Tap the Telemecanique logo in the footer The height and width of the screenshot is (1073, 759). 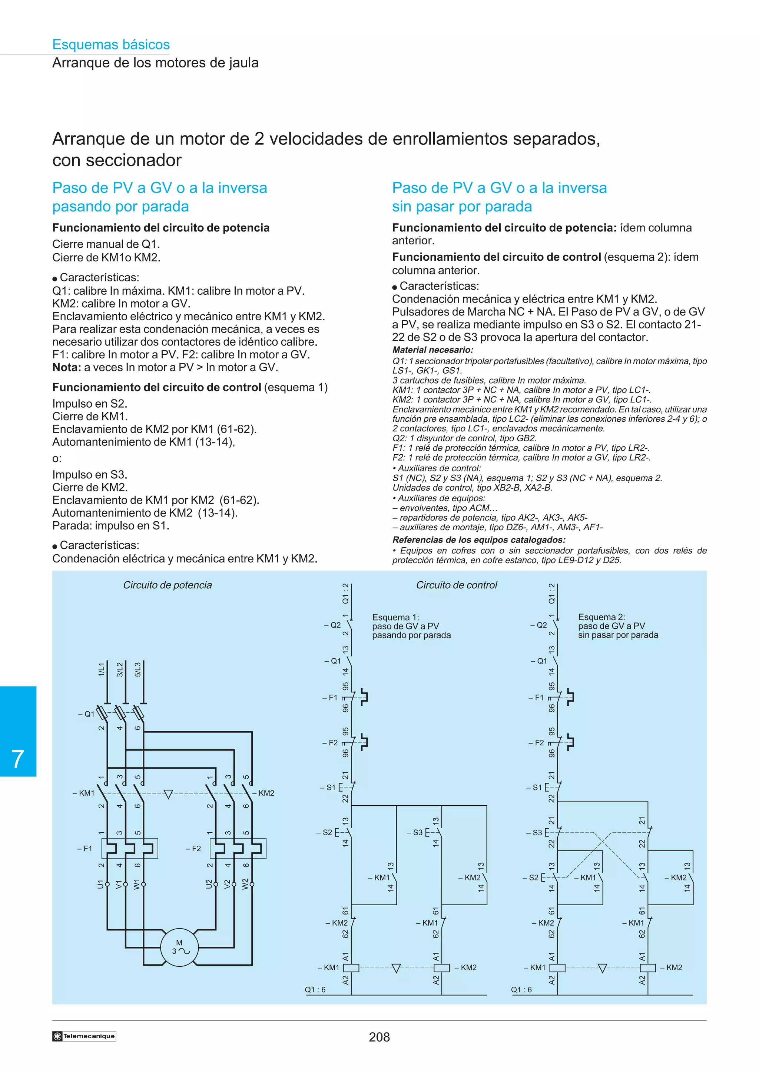(84, 1036)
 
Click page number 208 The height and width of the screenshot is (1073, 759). (379, 1037)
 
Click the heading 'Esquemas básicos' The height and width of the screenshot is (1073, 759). (111, 44)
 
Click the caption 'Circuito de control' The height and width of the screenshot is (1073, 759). (457, 585)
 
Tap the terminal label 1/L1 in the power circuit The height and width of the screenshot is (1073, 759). (102, 669)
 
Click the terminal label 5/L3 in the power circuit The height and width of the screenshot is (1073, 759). (137, 669)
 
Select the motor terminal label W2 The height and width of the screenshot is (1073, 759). (245, 884)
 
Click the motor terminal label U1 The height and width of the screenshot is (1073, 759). (100, 884)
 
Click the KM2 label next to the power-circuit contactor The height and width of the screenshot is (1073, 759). (266, 793)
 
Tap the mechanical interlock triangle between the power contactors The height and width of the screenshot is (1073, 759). (168, 794)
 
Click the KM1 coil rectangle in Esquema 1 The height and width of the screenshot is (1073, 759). (351, 967)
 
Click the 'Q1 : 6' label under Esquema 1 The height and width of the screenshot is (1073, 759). (315, 989)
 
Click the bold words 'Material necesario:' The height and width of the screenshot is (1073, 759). (432, 350)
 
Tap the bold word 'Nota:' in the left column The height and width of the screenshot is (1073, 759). (66, 367)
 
